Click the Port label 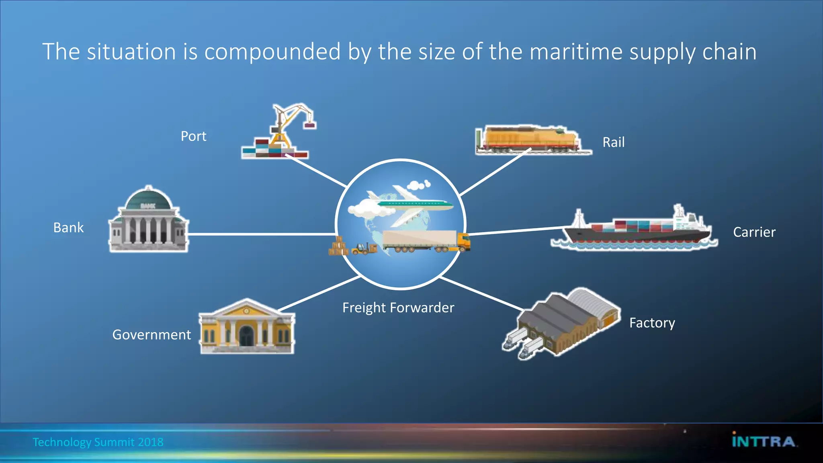[193, 136]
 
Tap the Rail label [613, 142]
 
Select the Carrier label [754, 232]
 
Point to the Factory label [652, 323]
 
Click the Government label [151, 335]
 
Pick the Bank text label [68, 228]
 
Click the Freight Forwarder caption [398, 308]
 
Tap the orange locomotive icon [530, 139]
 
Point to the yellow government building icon [247, 327]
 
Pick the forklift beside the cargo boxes [361, 250]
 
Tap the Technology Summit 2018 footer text [98, 442]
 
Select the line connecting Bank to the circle [261, 234]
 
